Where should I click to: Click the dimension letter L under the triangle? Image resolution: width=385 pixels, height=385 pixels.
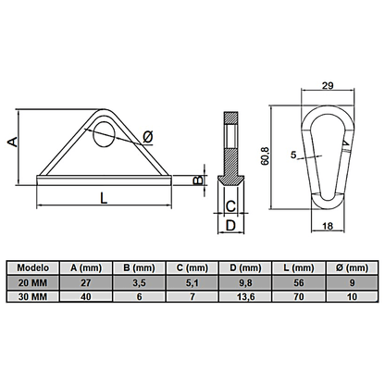102,196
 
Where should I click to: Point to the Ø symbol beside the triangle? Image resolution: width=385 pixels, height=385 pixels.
147,139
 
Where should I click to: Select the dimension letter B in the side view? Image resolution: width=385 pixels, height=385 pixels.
196,179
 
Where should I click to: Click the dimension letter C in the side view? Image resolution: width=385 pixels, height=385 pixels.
230,205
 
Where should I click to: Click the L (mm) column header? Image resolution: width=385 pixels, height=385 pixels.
295,267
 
